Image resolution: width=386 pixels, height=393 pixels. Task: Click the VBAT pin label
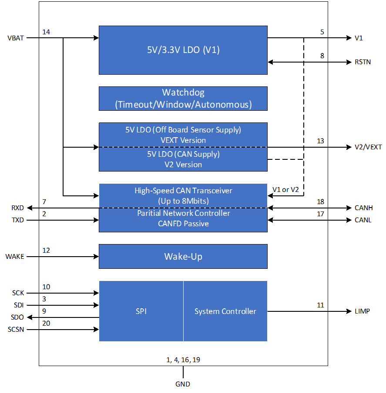point(16,38)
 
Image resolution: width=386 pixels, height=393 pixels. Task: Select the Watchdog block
point(183,99)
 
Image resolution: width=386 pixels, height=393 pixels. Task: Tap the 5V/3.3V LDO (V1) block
point(183,50)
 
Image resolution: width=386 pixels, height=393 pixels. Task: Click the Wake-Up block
point(183,256)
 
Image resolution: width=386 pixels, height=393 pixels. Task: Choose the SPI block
point(141,311)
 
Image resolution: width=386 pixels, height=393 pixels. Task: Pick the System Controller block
point(225,311)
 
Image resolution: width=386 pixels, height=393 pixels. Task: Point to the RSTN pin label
point(363,62)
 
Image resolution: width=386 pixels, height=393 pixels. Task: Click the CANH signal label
point(364,208)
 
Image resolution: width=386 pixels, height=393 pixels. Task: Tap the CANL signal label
point(363,220)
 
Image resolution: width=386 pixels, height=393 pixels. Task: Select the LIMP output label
point(362,311)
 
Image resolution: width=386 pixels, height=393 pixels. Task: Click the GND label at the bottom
point(183,384)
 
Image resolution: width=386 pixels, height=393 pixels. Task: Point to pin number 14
point(46,32)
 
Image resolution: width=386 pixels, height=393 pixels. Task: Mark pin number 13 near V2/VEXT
point(320,141)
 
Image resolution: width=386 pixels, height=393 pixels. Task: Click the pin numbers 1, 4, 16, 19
point(183,360)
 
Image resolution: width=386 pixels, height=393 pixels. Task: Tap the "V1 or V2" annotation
point(285,189)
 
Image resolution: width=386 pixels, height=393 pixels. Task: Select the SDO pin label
point(17,317)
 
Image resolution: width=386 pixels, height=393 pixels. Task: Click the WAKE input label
point(15,257)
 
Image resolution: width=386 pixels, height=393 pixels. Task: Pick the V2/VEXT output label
point(368,147)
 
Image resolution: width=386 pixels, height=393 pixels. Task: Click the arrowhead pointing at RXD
point(30,208)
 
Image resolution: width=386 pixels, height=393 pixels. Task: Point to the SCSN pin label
point(16,329)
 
